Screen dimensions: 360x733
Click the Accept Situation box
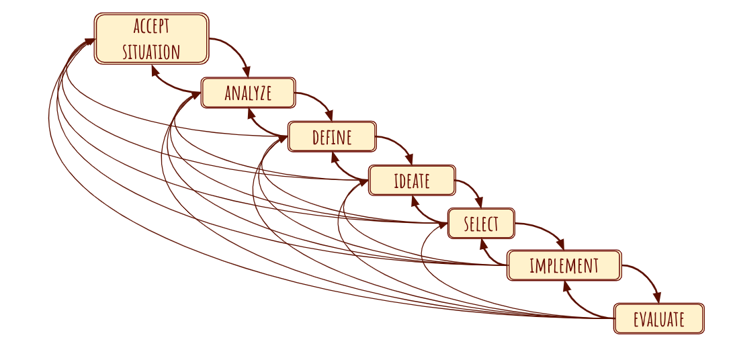click(151, 39)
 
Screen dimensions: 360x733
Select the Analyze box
click(248, 93)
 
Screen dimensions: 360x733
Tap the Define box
click(332, 136)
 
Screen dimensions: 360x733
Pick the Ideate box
click(412, 180)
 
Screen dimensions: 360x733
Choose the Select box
click(481, 223)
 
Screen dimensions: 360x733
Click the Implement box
click(564, 265)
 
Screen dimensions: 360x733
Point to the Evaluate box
click(658, 318)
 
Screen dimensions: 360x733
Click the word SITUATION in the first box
click(151, 52)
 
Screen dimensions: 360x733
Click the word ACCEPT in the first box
click(151, 27)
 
